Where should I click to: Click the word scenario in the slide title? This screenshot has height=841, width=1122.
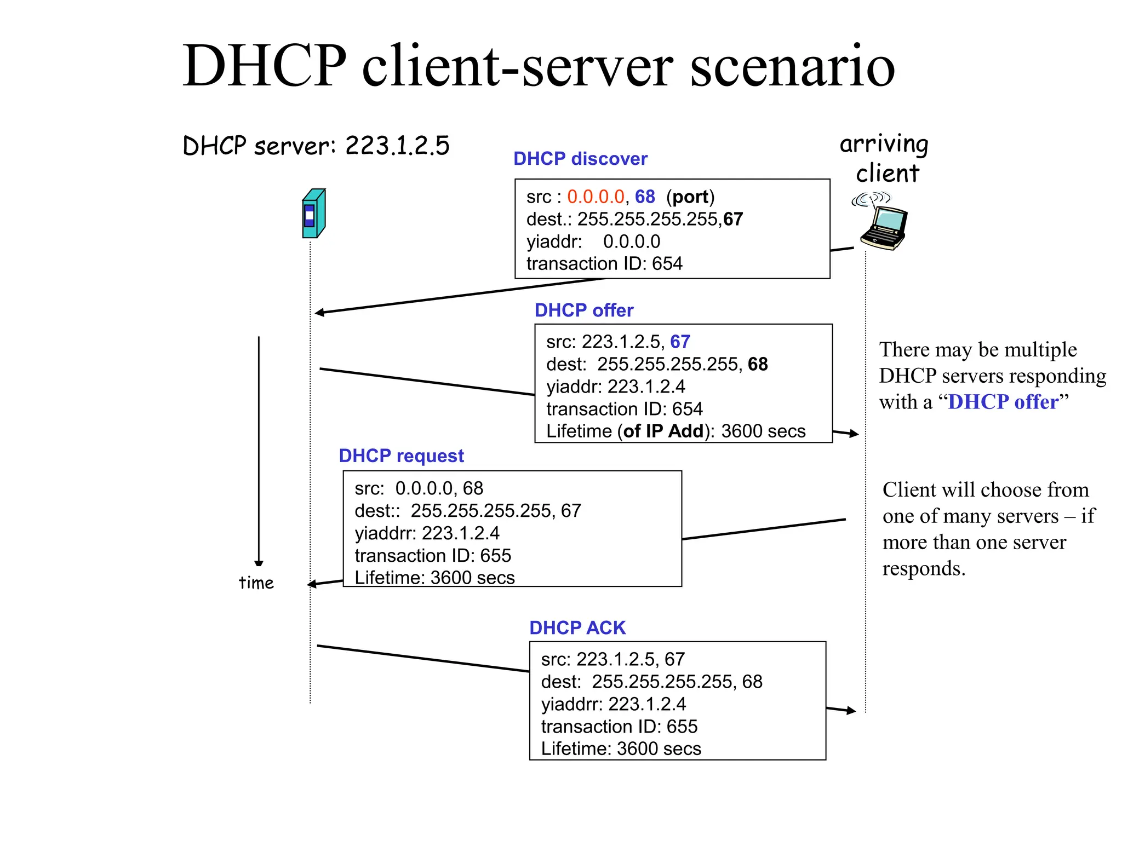pos(792,67)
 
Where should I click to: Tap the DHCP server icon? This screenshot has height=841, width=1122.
pos(314,214)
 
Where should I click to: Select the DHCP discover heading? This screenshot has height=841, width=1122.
pos(580,159)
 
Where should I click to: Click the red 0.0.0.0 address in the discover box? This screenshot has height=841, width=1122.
pos(596,197)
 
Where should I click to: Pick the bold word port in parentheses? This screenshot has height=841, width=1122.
pos(690,197)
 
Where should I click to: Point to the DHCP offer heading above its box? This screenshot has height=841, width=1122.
pos(583,310)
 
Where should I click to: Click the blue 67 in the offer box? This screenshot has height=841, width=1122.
pos(680,342)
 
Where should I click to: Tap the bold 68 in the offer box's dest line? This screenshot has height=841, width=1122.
pos(758,364)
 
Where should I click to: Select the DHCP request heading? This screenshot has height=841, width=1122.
pos(401,456)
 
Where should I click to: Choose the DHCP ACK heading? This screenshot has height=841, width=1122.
pos(577,627)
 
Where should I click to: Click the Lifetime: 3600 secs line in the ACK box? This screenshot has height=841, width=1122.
pos(621,748)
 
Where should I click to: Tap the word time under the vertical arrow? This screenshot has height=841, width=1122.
pos(256,583)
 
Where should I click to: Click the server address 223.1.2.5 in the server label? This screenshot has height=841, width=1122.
pos(397,146)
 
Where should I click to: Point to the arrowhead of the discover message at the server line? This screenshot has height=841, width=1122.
pos(319,313)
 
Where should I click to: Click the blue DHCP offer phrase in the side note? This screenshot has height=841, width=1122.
pos(1003,402)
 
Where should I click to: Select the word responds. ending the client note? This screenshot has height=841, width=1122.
pos(924,568)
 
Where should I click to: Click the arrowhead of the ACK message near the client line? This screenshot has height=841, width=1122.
pos(851,711)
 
